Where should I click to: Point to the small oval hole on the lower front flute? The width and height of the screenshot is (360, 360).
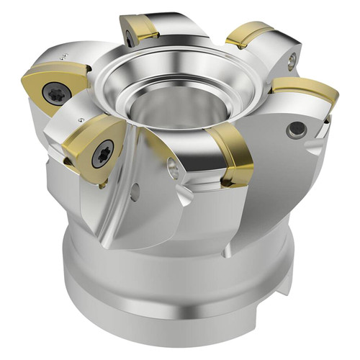click(x=135, y=192)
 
